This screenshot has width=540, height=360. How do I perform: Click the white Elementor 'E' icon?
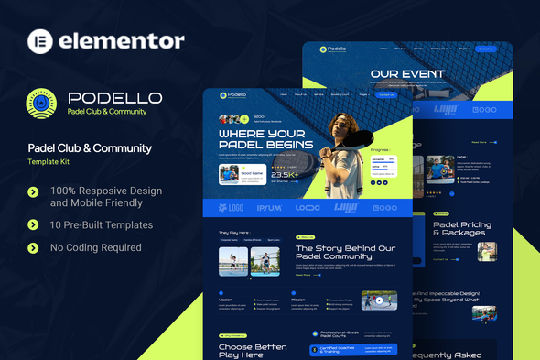38,41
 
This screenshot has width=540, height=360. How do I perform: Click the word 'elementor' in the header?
122,41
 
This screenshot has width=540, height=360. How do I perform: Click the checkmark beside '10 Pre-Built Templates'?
34,224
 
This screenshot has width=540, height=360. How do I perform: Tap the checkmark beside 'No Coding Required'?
34,247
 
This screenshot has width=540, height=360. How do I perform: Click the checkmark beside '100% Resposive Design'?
34,191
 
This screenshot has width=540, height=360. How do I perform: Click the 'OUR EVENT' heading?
407,74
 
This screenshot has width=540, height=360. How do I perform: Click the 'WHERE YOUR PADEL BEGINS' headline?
265,137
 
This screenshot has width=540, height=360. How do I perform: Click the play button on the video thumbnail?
378,300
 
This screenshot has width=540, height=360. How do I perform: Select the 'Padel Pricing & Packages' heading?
462,229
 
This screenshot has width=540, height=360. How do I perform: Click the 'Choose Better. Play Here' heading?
253,351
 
